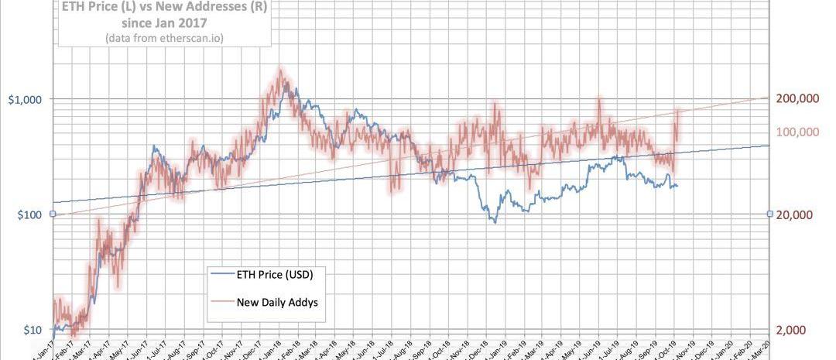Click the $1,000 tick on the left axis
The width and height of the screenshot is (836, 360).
click(x=26, y=99)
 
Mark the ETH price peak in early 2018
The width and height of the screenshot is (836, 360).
click(x=286, y=81)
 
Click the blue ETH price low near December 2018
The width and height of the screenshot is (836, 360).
click(x=494, y=221)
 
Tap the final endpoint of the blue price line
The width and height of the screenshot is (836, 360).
click(x=677, y=186)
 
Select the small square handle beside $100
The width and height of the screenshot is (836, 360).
click(x=52, y=214)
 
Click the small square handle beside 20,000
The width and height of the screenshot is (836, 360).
click(x=769, y=214)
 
